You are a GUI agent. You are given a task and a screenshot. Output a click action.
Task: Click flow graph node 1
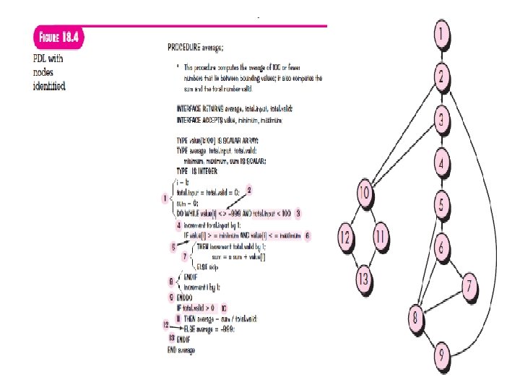click(x=442, y=33)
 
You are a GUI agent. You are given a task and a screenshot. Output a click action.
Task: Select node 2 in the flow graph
click(x=442, y=75)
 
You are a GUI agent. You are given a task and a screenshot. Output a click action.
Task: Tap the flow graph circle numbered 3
click(x=442, y=118)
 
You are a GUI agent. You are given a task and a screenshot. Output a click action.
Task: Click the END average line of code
click(x=182, y=350)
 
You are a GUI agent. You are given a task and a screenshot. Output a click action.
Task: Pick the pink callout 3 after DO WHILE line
click(x=298, y=213)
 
